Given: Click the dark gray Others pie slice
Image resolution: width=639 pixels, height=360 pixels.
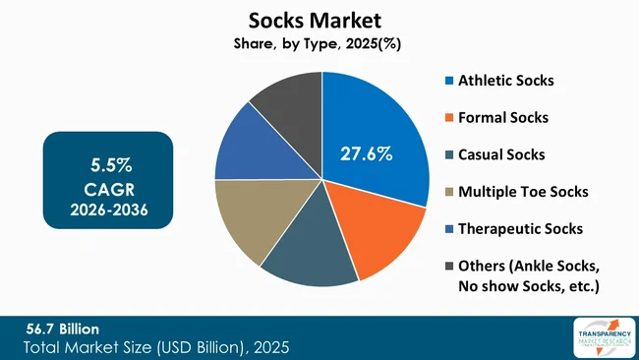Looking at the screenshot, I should point(290,103).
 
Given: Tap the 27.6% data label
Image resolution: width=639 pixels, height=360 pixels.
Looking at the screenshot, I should point(366,153).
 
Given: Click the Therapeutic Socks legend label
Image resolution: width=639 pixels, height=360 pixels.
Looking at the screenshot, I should point(521,228).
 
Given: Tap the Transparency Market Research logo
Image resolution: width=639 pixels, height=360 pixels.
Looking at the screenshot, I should point(597,337).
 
